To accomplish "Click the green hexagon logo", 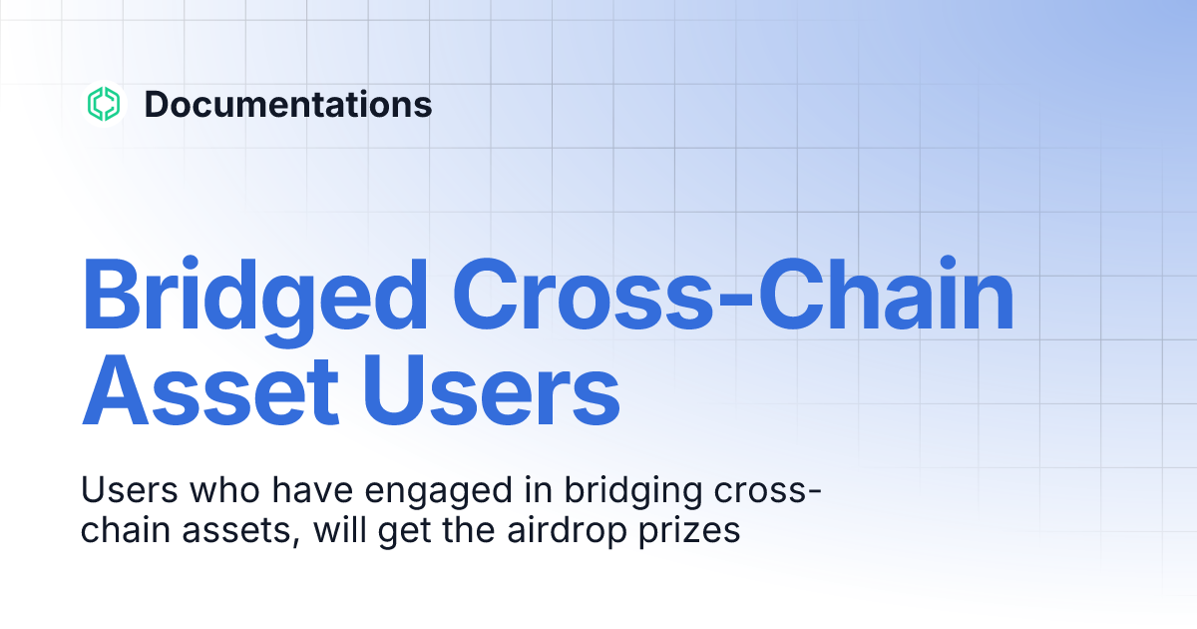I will (104, 104).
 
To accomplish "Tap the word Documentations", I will (288, 104).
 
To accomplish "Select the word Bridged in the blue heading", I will (257, 296).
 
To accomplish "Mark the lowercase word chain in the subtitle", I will (123, 530).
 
